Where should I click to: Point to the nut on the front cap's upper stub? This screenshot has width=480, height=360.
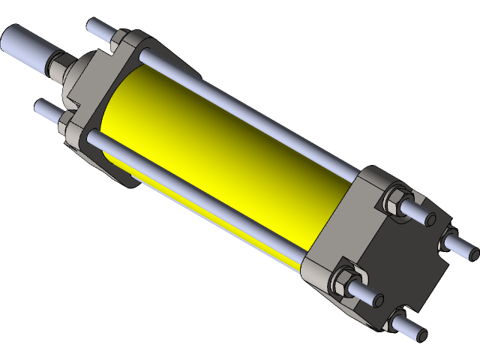tap(119, 41)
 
